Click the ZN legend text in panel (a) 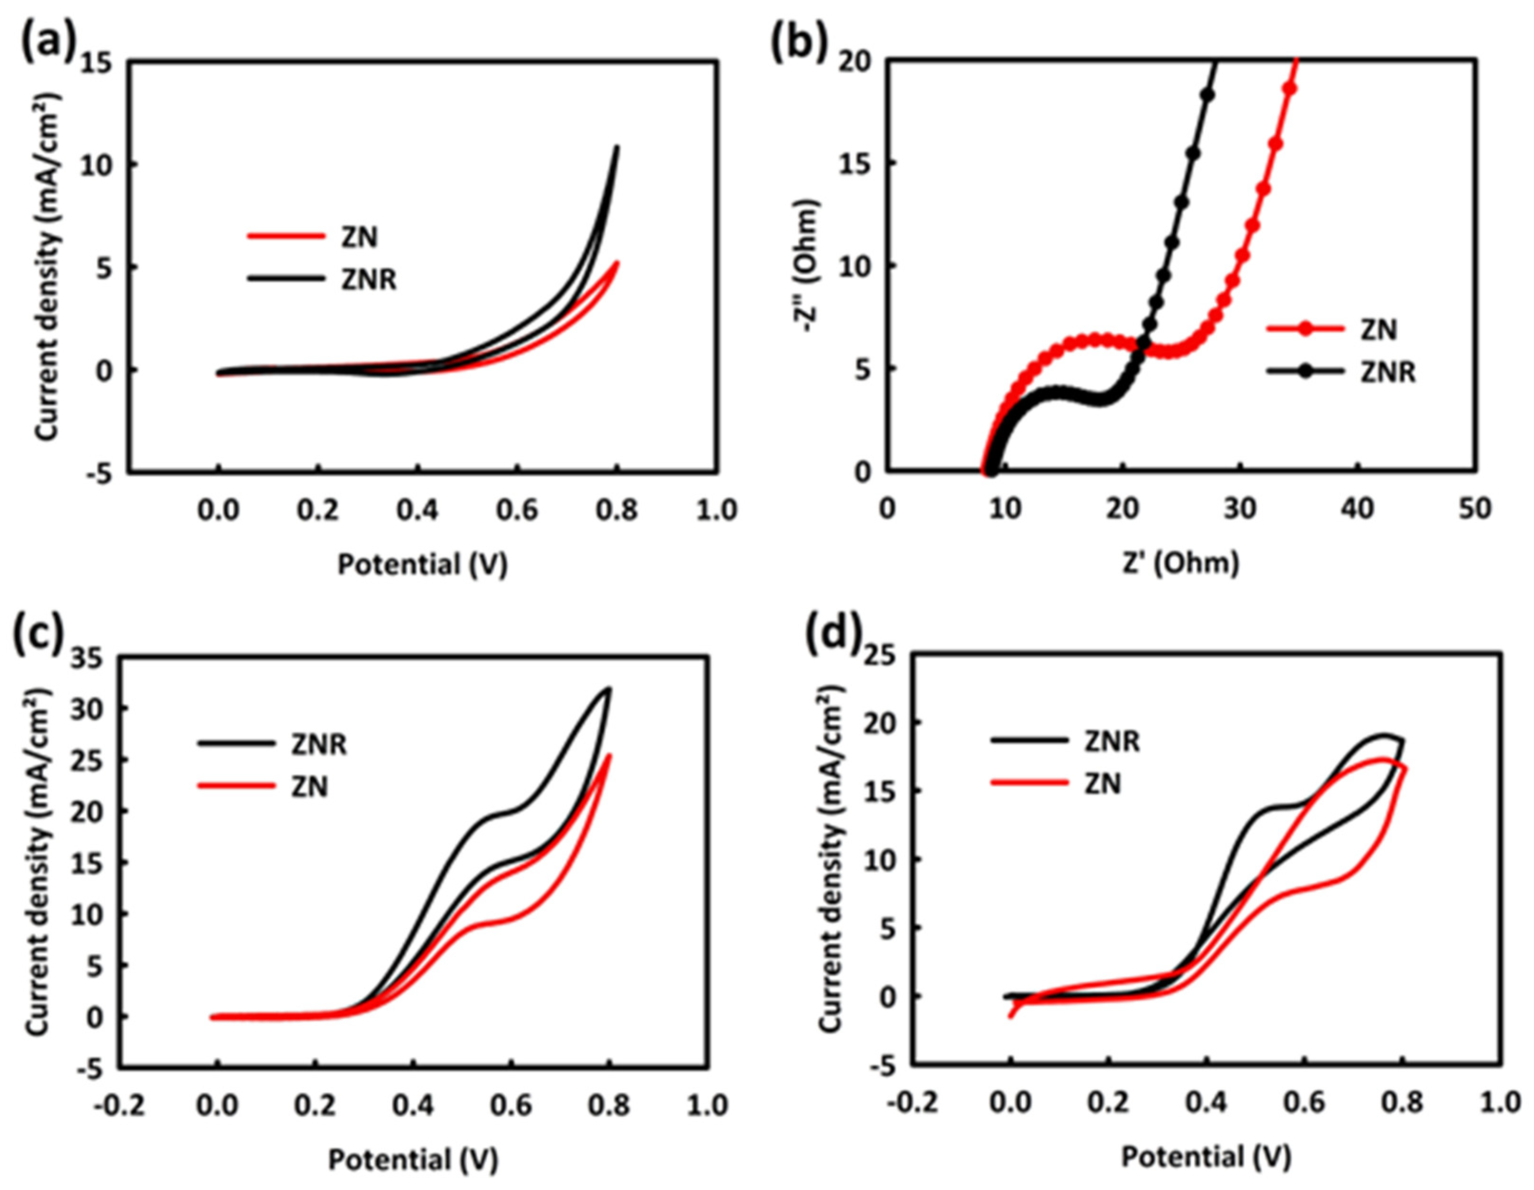[360, 237]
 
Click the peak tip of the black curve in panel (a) [618, 146]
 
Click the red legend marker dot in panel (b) [1305, 329]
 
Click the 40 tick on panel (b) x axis [1357, 509]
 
